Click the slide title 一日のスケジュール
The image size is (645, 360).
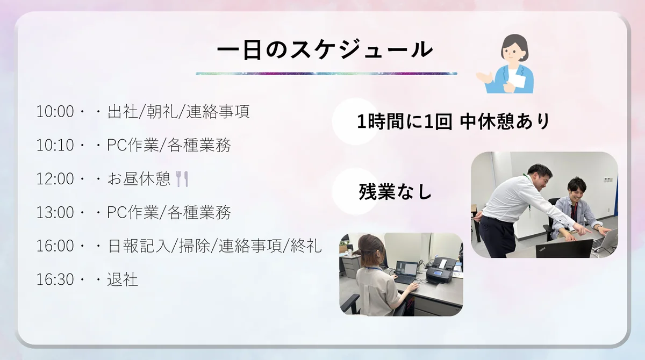pyautogui.click(x=325, y=51)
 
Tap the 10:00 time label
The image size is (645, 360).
pyautogui.click(x=55, y=112)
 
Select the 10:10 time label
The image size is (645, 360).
pyautogui.click(x=55, y=145)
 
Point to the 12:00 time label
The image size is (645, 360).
pyautogui.click(x=55, y=179)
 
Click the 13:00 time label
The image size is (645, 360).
pyautogui.click(x=55, y=213)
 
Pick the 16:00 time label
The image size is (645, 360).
pyautogui.click(x=55, y=246)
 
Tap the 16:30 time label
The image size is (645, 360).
pyautogui.click(x=55, y=280)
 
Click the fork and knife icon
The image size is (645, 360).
pyautogui.click(x=182, y=179)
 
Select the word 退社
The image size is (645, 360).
pyautogui.click(x=123, y=279)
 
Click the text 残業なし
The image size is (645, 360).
pyautogui.click(x=396, y=192)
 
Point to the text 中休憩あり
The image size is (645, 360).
pyautogui.click(x=505, y=121)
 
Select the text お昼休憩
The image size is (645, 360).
pyautogui.click(x=139, y=179)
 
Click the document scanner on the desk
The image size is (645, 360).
pyautogui.click(x=441, y=270)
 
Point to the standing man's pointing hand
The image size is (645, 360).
pyautogui.click(x=583, y=230)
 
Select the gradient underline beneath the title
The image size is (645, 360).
pyautogui.click(x=327, y=74)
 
